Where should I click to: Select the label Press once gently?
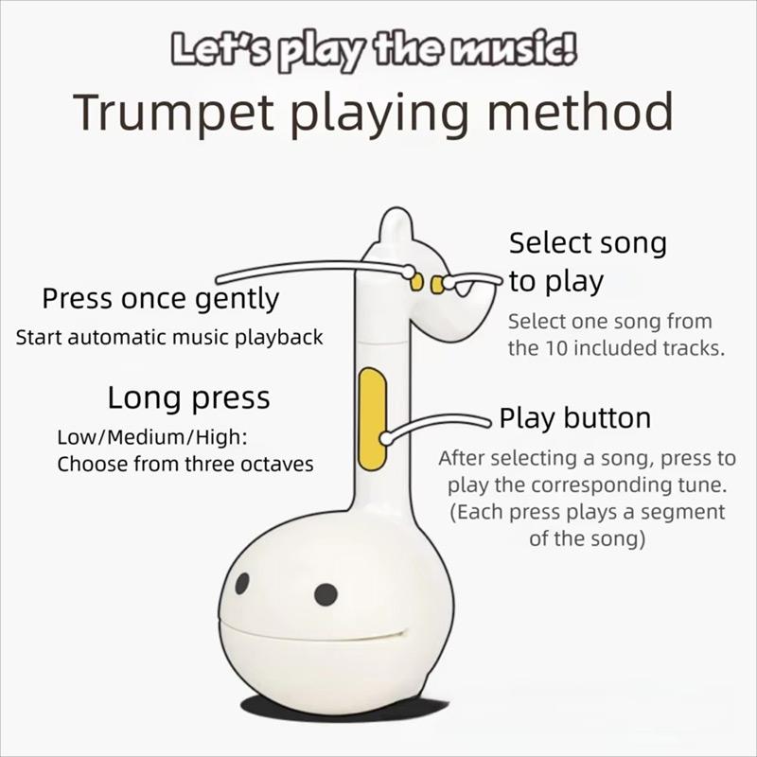tap(161, 300)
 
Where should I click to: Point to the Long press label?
tap(188, 397)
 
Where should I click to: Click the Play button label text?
tap(574, 418)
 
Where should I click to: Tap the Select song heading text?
tap(588, 243)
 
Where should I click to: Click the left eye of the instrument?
tap(241, 584)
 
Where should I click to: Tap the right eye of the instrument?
tap(326, 594)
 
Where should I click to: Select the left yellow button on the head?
tap(416, 281)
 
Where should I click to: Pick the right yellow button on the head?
tap(436, 284)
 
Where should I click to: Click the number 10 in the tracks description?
tap(560, 347)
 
